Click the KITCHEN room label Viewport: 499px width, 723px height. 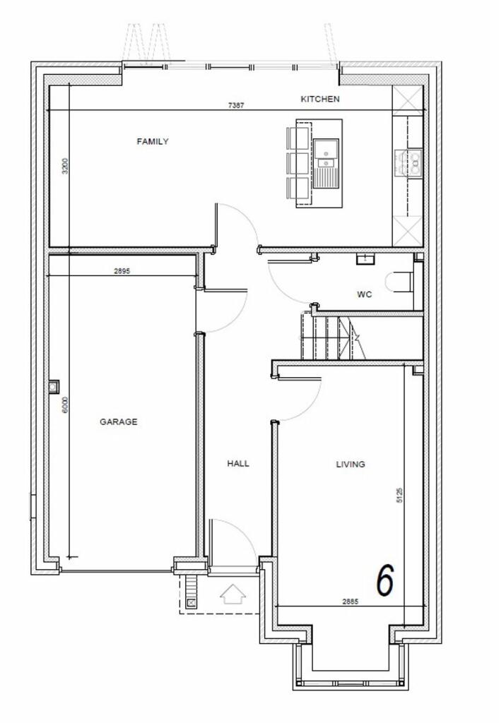(319, 100)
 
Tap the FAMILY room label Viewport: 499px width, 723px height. (153, 141)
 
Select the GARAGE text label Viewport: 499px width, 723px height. (118, 422)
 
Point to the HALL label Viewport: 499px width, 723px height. (238, 464)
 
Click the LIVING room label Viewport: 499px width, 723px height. (350, 464)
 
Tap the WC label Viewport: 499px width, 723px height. (364, 294)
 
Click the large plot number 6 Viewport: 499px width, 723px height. (384, 580)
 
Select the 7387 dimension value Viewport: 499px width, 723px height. (237, 105)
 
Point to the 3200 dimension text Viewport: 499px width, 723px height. (65, 166)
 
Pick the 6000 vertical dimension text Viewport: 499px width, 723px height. (65, 405)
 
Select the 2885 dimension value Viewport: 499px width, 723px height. (350, 602)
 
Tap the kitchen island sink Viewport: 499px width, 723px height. (326, 162)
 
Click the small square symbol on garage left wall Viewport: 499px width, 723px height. (54, 386)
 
